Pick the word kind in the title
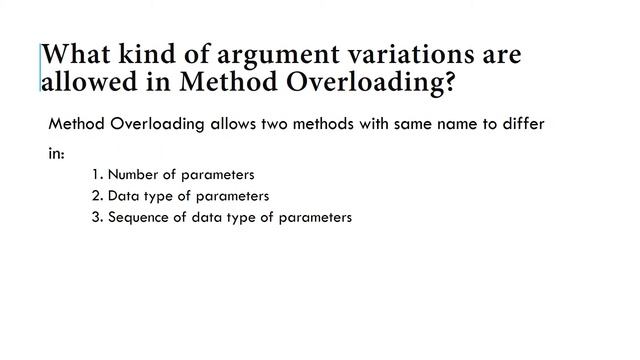coord(149,53)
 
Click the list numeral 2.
coord(94,196)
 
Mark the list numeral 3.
coord(94,217)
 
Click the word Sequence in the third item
coord(139,217)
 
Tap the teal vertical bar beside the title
coord(41,68)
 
